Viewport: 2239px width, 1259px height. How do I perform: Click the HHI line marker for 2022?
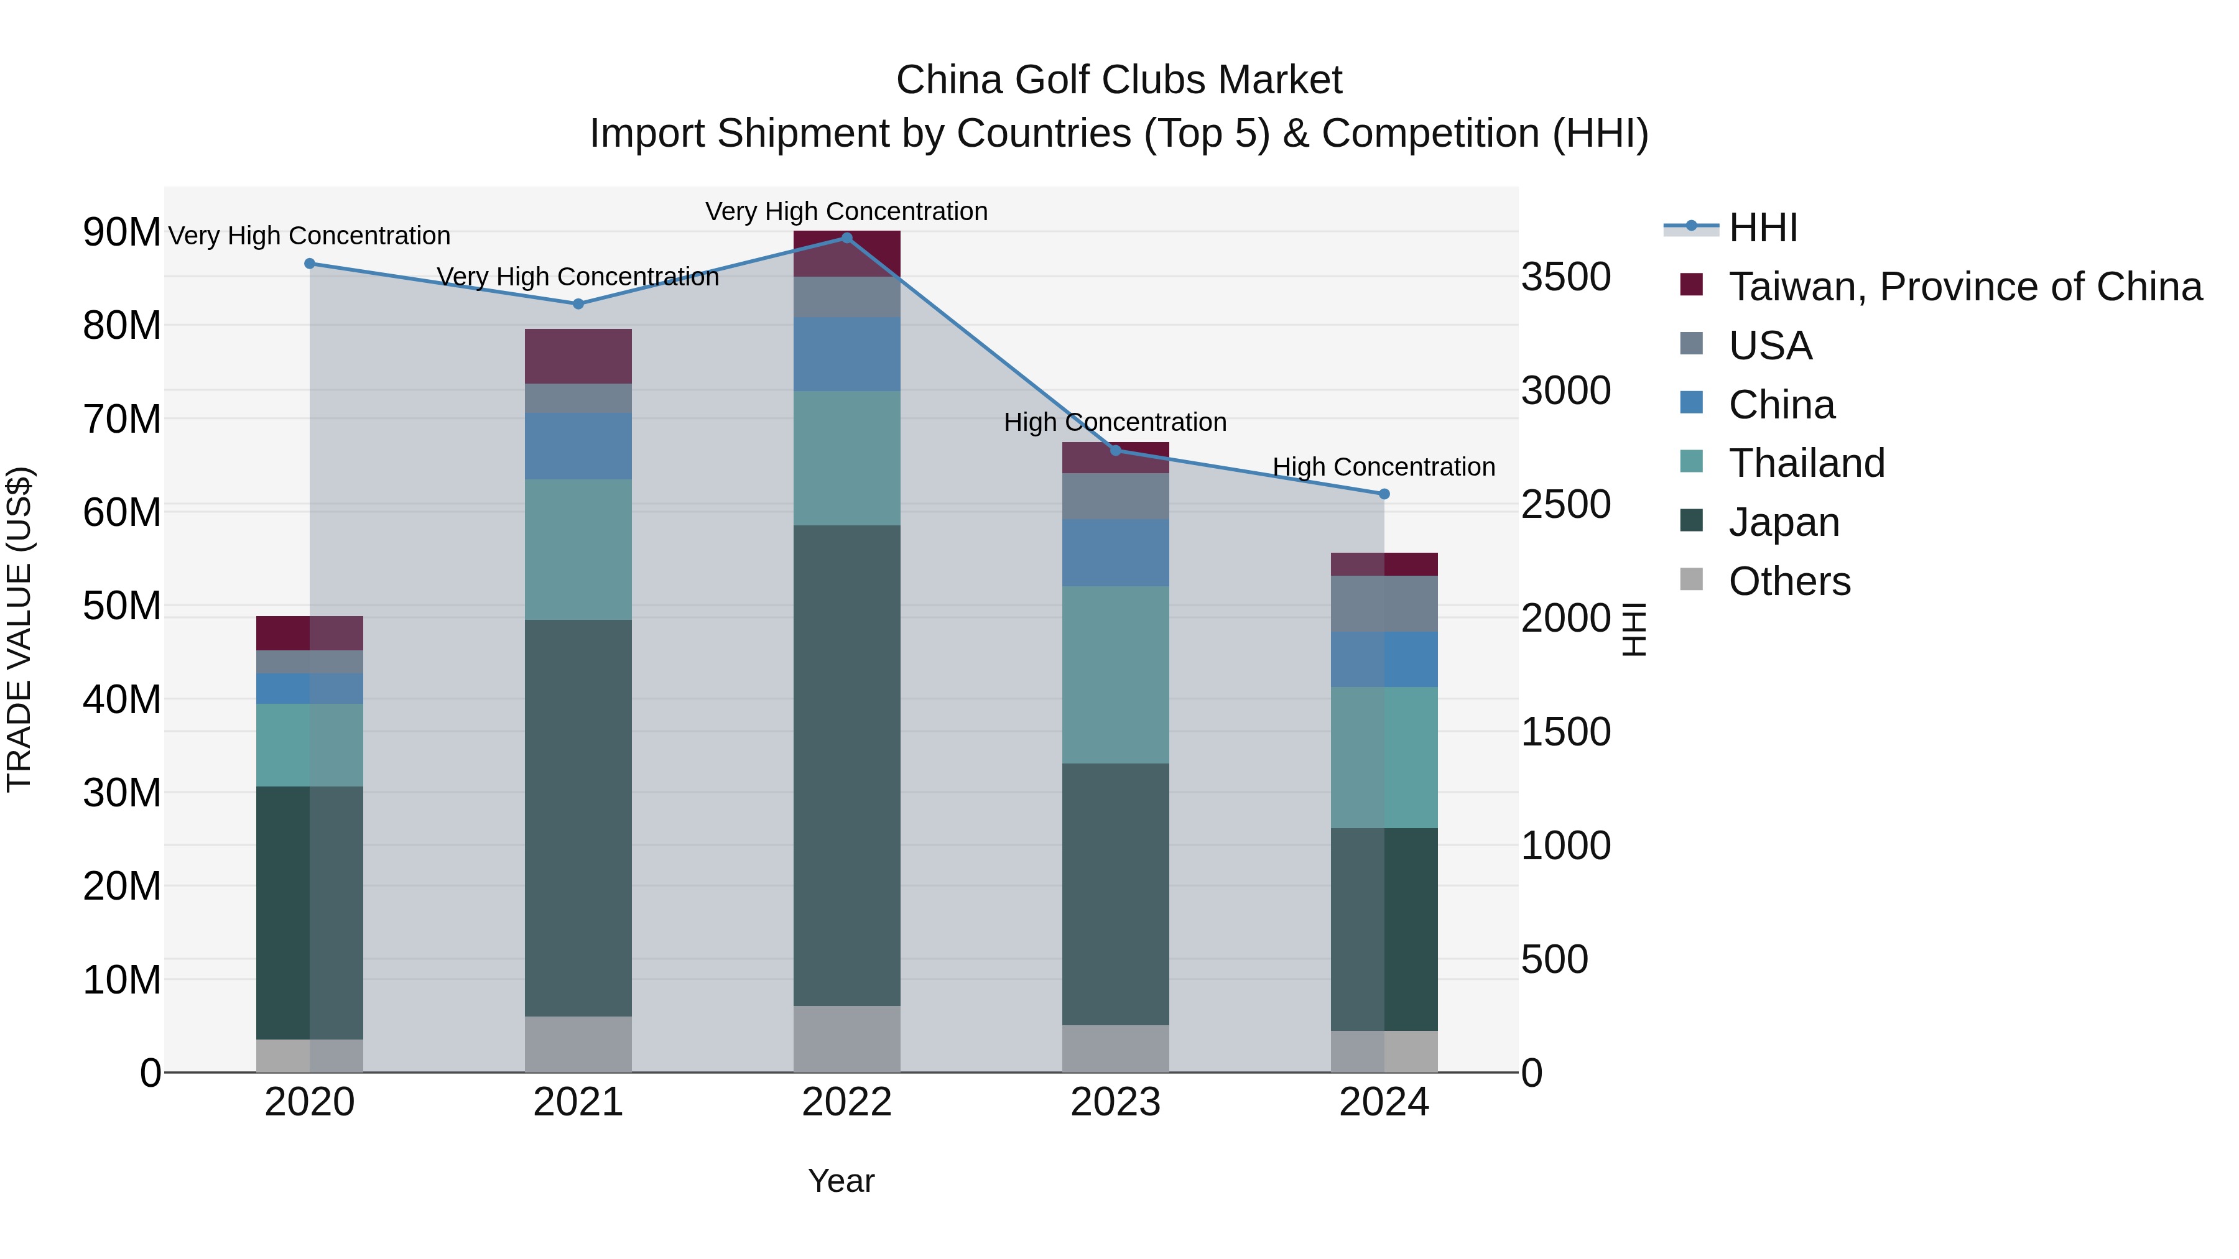click(x=846, y=238)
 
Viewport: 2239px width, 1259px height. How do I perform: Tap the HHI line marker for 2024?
click(x=1384, y=494)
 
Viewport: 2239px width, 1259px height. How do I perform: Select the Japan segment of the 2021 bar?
click(x=578, y=817)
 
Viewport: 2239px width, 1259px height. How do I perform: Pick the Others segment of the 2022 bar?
click(x=846, y=1038)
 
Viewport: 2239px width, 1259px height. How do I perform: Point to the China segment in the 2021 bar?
click(x=578, y=446)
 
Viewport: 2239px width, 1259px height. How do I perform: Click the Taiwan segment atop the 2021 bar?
click(x=578, y=356)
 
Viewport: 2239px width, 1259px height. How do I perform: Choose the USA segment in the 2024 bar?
click(x=1384, y=604)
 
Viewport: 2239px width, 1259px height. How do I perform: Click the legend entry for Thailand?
click(x=1806, y=463)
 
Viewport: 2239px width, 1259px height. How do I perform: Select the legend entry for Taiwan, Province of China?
click(x=1964, y=287)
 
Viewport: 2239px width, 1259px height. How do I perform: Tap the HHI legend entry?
click(x=1762, y=228)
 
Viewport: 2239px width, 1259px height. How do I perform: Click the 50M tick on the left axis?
click(x=122, y=606)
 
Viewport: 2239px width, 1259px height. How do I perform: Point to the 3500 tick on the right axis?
click(x=1565, y=277)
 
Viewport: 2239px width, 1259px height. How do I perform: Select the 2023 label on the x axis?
click(x=1115, y=1102)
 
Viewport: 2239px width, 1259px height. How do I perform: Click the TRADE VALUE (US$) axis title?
click(x=20, y=629)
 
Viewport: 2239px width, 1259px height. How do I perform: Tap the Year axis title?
click(x=840, y=1181)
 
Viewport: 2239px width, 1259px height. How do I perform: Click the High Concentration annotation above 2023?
click(x=1115, y=422)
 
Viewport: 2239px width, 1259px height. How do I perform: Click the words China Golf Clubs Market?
click(x=1119, y=80)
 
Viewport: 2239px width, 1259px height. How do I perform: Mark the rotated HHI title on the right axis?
click(x=1633, y=629)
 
